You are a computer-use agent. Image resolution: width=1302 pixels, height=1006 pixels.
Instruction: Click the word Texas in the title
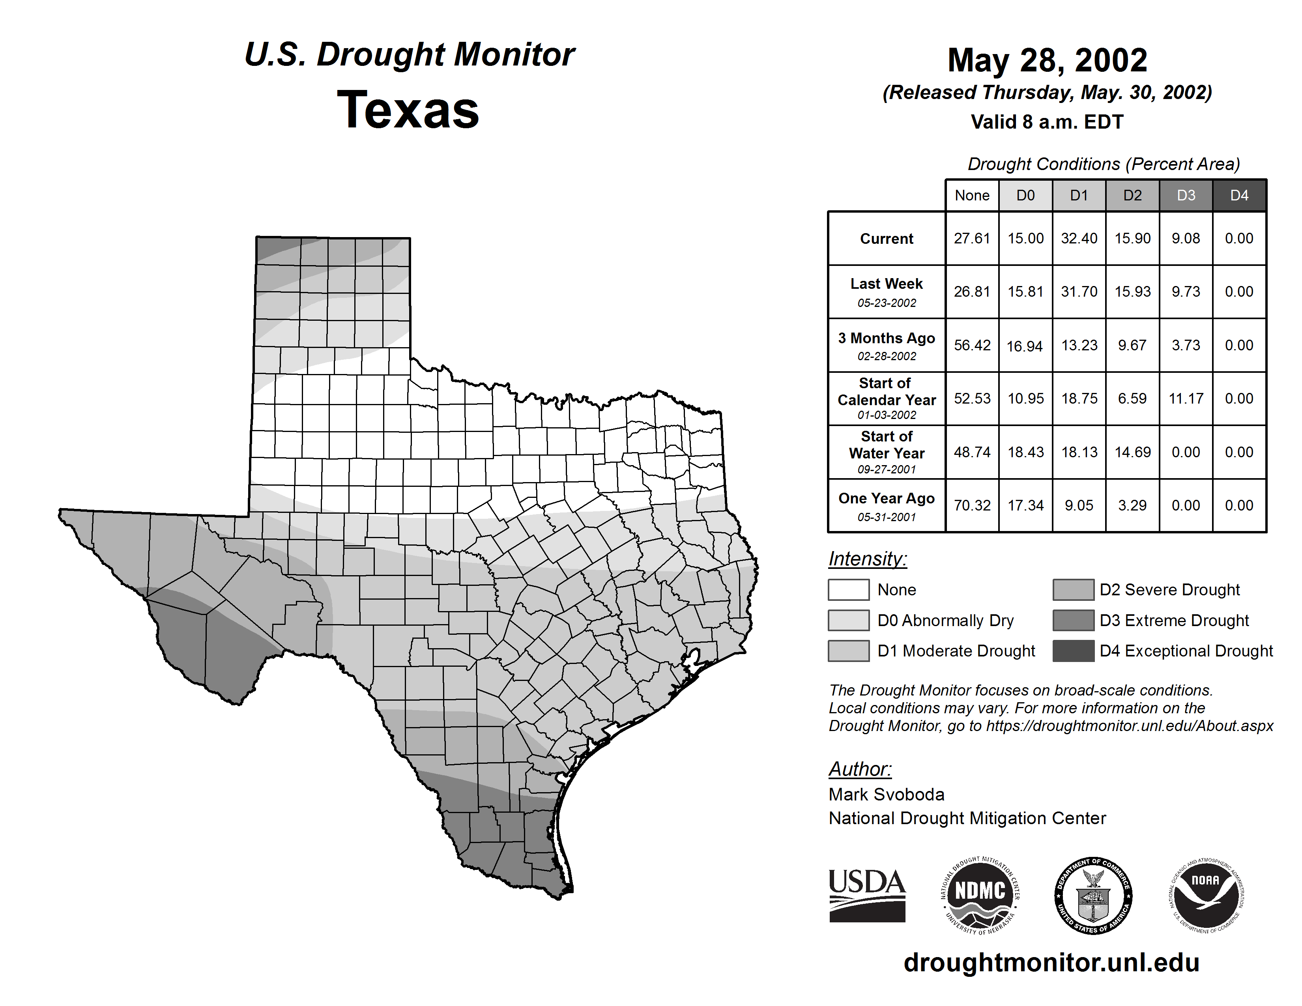(x=408, y=110)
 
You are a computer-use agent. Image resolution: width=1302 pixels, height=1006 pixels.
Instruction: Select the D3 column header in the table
(x=1186, y=195)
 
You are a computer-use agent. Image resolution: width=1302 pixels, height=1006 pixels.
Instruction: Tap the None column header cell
(x=972, y=195)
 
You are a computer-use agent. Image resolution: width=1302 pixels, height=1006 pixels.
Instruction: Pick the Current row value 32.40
(x=1079, y=238)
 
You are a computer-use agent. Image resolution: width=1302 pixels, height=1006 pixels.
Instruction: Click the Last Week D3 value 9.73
(x=1186, y=292)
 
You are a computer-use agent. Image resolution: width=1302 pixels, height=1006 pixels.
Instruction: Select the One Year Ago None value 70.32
(x=972, y=505)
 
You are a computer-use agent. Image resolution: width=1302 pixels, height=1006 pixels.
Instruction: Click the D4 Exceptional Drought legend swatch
(x=1073, y=651)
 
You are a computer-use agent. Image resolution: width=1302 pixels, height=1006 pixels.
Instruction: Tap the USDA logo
(x=867, y=895)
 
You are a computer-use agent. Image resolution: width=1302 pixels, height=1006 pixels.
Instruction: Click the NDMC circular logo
(x=980, y=895)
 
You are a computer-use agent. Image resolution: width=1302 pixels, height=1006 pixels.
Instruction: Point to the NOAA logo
(x=1205, y=895)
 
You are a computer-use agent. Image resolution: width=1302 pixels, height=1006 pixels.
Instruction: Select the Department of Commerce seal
(x=1093, y=895)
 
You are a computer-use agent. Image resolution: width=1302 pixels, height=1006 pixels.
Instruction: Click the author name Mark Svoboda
(x=887, y=795)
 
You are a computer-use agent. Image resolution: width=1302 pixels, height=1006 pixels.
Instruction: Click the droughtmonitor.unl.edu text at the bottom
(x=1051, y=963)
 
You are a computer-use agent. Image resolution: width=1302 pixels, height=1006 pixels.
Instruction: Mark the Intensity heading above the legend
(x=867, y=559)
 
